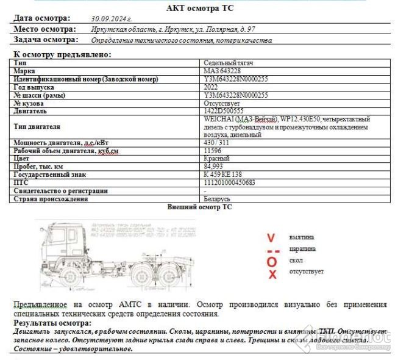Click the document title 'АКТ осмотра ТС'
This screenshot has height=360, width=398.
click(199, 8)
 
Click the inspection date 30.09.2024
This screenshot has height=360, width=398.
click(111, 19)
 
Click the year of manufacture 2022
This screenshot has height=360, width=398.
click(211, 87)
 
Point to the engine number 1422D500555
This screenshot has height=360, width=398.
click(224, 111)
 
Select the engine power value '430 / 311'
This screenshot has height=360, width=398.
click(218, 143)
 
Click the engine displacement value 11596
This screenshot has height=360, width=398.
click(213, 151)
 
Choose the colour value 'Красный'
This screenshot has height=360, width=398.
click(217, 159)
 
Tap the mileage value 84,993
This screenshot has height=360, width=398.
click(214, 167)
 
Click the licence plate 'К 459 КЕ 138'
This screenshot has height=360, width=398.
click(222, 175)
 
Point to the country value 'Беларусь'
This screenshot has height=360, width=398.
click(217, 198)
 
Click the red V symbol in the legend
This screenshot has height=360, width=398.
click(271, 237)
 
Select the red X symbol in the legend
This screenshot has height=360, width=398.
click(272, 275)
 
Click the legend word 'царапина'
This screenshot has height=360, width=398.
click(302, 249)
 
